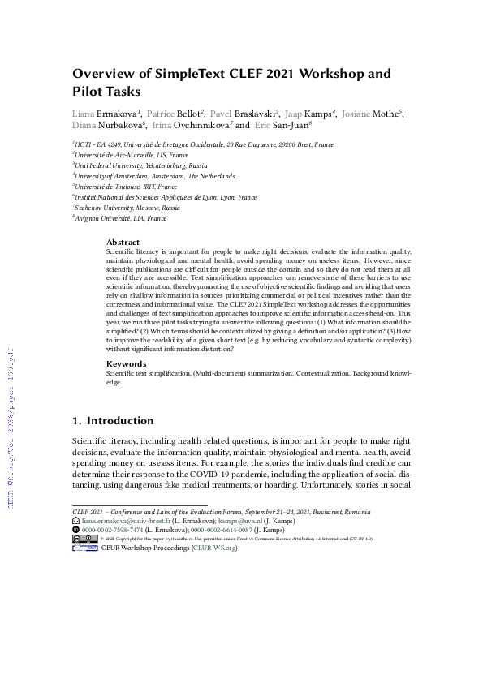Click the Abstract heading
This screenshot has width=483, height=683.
(123, 243)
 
